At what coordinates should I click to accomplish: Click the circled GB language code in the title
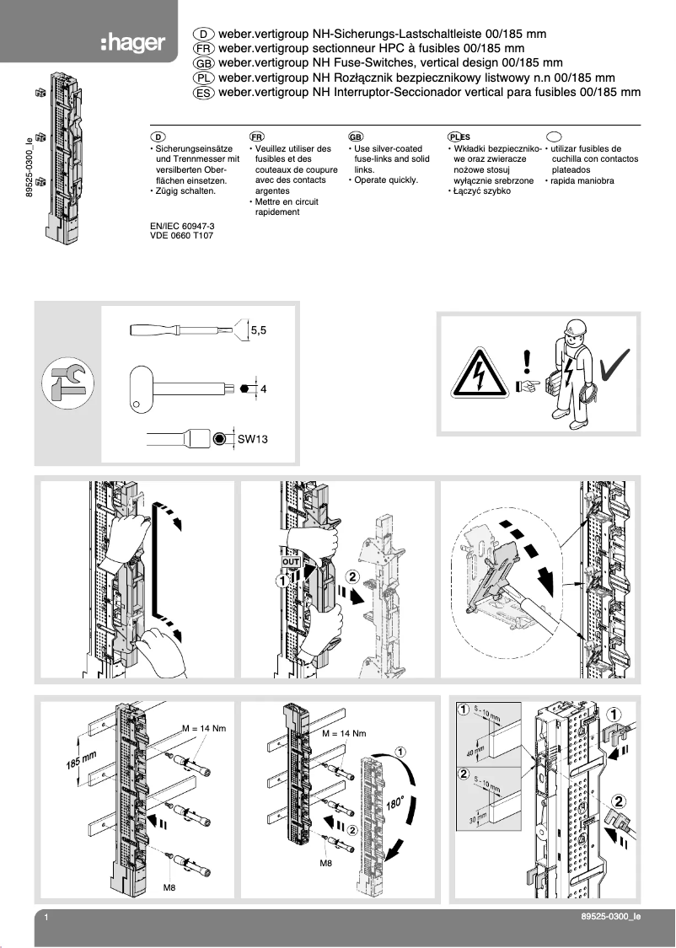203,63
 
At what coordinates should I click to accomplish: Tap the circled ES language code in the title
203,94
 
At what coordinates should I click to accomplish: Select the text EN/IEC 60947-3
181,227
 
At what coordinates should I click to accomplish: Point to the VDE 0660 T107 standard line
180,237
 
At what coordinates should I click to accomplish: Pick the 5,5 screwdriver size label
258,331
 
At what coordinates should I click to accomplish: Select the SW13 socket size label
251,439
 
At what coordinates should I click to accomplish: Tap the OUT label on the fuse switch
291,560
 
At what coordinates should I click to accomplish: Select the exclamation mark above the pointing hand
528,360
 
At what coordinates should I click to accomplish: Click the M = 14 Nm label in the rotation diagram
344,734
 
